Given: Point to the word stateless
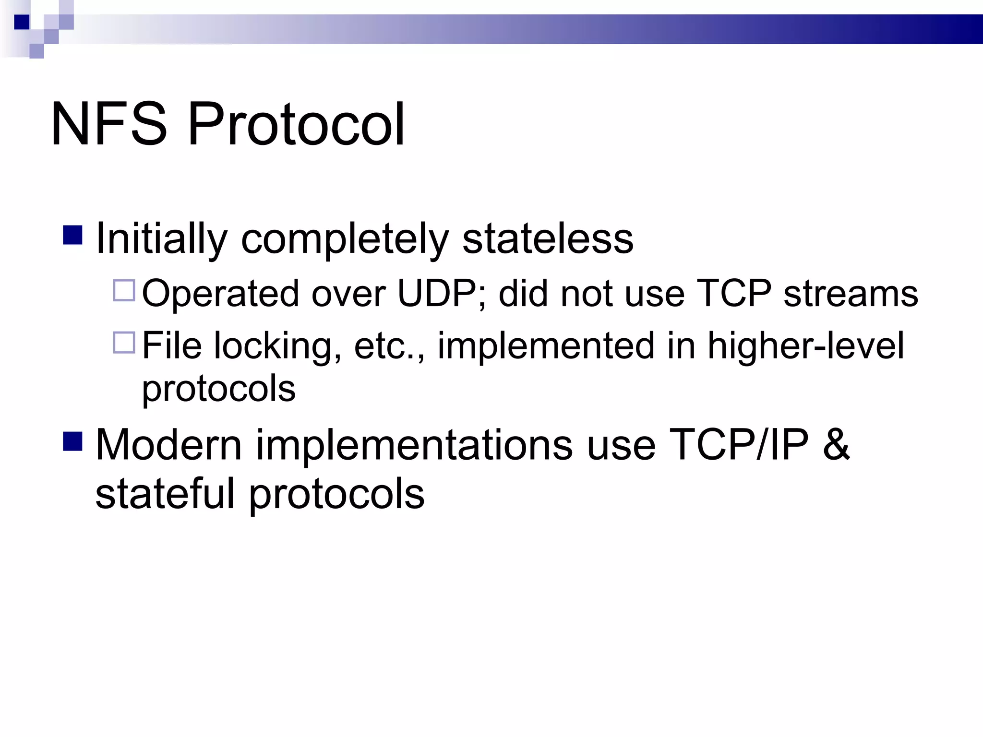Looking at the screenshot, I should (x=548, y=239).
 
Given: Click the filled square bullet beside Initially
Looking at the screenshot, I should (x=73, y=235).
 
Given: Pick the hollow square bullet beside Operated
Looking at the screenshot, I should (x=124, y=290).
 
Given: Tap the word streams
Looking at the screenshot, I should (x=851, y=293).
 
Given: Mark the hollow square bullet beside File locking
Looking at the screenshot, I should (x=124, y=343).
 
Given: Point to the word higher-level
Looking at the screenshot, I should (x=806, y=346).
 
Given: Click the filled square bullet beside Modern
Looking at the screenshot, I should (x=73, y=441).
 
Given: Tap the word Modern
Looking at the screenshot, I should (x=168, y=445).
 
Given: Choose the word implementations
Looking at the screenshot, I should (x=414, y=445).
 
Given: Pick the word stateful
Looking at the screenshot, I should (x=165, y=494).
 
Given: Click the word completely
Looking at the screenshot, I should (x=345, y=239).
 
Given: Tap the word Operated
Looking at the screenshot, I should (x=220, y=293).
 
